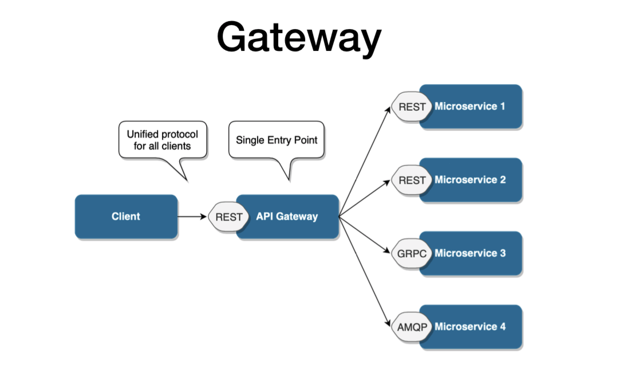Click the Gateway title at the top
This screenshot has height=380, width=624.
click(299, 37)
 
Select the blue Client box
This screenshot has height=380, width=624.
click(126, 217)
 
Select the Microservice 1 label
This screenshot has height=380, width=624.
click(470, 106)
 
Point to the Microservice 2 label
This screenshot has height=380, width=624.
click(470, 179)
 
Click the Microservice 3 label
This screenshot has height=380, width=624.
click(470, 253)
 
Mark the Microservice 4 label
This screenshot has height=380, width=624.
click(470, 327)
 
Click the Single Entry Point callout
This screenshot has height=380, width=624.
click(277, 140)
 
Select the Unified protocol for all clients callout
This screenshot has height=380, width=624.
click(163, 140)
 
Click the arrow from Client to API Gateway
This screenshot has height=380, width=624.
click(192, 217)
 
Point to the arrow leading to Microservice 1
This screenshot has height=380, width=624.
click(365, 162)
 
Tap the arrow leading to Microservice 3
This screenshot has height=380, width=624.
click(365, 235)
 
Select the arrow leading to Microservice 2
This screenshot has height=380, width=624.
click(365, 198)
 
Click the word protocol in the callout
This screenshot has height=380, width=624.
click(179, 134)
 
